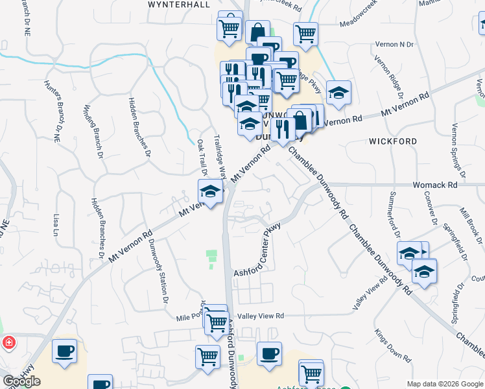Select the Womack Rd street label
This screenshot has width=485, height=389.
click(435, 185)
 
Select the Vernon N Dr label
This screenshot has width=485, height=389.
click(394, 44)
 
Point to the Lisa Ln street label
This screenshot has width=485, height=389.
click(56, 224)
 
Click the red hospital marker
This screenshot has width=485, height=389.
click(9, 342)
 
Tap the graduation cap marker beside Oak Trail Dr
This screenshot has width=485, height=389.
click(210, 192)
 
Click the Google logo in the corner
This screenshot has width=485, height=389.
click(21, 381)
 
